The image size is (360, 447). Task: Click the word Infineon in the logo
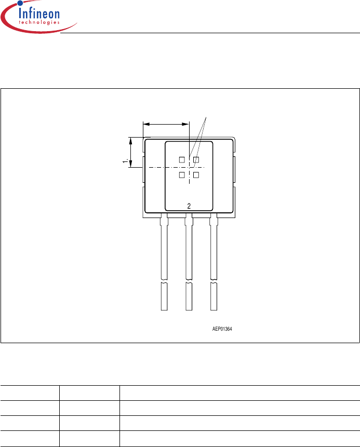pyautogui.click(x=39, y=13)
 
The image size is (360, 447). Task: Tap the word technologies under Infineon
pyautogui.click(x=39, y=22)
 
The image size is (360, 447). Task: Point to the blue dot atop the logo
pyautogui.click(x=20, y=3)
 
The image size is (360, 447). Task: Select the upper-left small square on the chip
pyautogui.click(x=182, y=160)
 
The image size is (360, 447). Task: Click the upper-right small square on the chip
pyautogui.click(x=196, y=160)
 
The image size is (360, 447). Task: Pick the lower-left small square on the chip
pyautogui.click(x=182, y=175)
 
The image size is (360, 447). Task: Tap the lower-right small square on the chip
pyautogui.click(x=196, y=175)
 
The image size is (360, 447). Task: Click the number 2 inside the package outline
pyautogui.click(x=189, y=206)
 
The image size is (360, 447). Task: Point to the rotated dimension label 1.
pyautogui.click(x=125, y=161)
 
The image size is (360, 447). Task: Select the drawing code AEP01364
pyautogui.click(x=222, y=329)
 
